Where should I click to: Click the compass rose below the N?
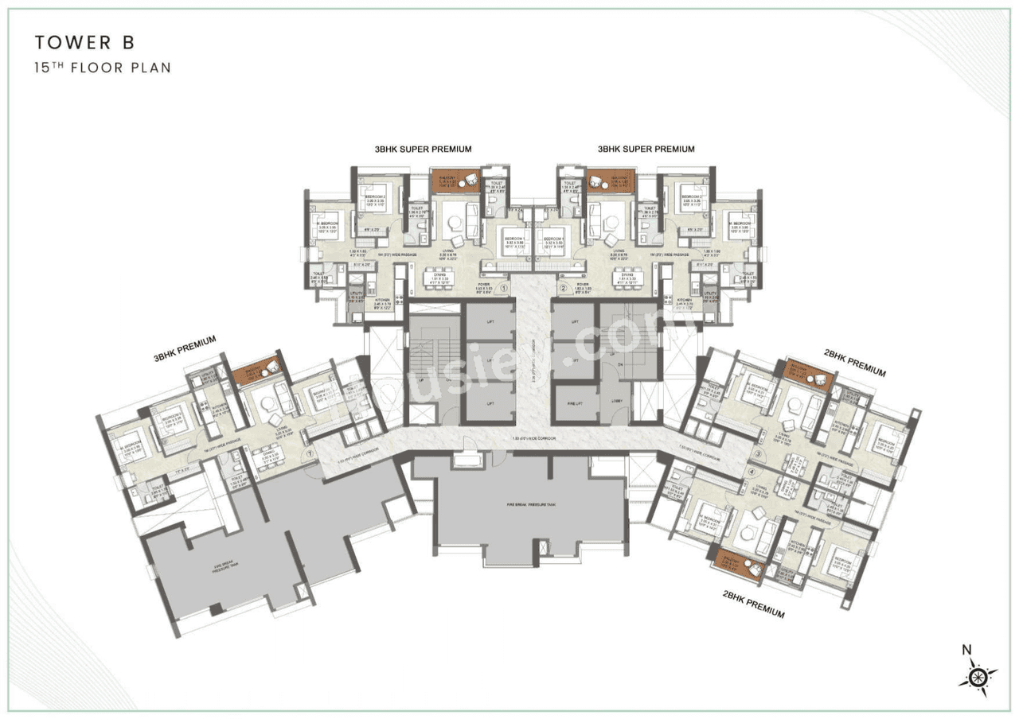pyautogui.click(x=978, y=677)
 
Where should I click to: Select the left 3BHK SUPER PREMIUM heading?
pyautogui.click(x=424, y=149)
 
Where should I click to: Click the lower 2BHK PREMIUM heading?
pyautogui.click(x=754, y=604)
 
